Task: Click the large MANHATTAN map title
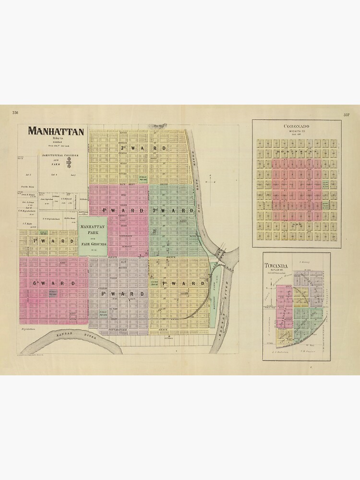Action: pyautogui.click(x=56, y=131)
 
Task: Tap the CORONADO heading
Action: pyautogui.click(x=297, y=126)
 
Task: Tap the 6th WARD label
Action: pyautogui.click(x=54, y=284)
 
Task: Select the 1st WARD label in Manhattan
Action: pyautogui.click(x=177, y=284)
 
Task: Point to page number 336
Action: pyautogui.click(x=15, y=113)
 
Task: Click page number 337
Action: pyautogui.click(x=346, y=115)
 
